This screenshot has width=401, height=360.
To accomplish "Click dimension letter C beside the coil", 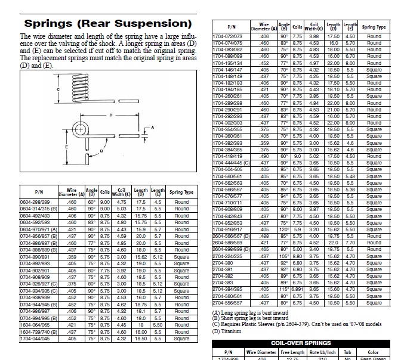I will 58,89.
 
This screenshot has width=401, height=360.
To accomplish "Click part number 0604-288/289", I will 35,203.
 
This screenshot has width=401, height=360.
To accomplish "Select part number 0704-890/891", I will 35,256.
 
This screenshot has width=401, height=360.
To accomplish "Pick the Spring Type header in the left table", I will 181,193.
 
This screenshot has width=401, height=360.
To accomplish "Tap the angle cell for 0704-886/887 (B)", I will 92,244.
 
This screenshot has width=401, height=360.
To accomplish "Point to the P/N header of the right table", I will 230,27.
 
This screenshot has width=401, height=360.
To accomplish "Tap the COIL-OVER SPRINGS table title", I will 301,343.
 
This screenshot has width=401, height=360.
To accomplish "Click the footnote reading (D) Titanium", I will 229,331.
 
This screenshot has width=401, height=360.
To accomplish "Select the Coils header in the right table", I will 297,27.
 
